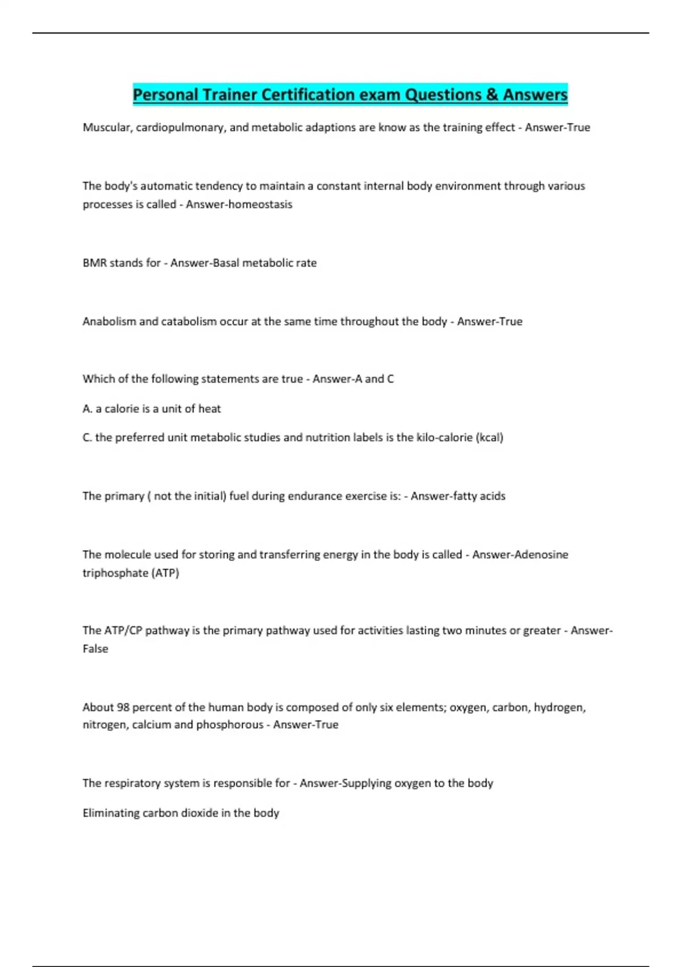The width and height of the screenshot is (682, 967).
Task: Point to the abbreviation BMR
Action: pos(94,263)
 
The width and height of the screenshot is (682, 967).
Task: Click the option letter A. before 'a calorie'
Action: pos(87,408)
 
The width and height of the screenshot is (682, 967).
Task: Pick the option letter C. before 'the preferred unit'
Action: pos(87,437)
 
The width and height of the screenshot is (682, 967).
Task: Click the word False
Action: pos(95,648)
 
